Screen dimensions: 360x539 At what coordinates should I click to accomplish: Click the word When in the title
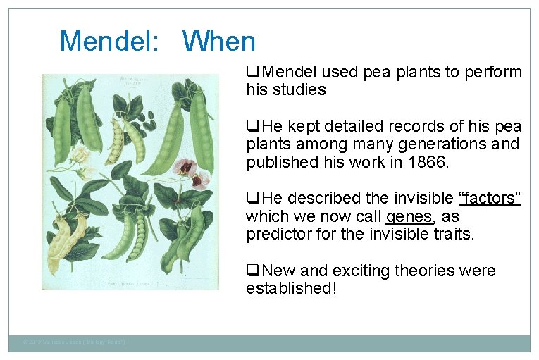pos(218,41)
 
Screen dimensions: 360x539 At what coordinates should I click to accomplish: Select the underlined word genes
pos(409,217)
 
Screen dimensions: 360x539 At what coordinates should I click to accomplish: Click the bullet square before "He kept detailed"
pos(251,127)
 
